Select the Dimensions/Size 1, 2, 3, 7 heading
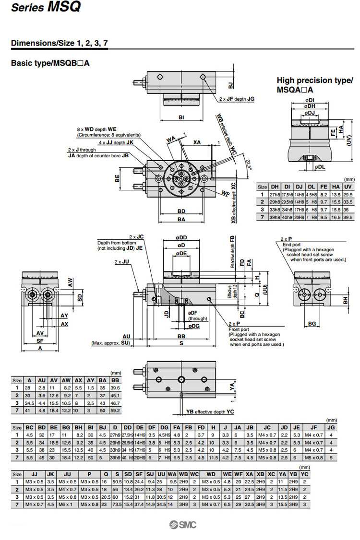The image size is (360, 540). (x=59, y=43)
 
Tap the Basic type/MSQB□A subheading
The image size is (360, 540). (x=50, y=63)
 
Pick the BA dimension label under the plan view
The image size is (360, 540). (x=181, y=219)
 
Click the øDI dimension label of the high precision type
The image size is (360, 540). (x=309, y=100)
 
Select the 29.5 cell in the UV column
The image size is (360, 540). (x=348, y=195)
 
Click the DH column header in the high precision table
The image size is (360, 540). (x=275, y=187)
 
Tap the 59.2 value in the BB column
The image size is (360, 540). (x=115, y=411)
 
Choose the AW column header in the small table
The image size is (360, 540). (x=67, y=380)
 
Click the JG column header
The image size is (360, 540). (x=331, y=427)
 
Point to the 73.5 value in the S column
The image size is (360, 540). (x=117, y=505)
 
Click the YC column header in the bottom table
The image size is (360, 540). (x=304, y=474)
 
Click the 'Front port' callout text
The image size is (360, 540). (x=239, y=329)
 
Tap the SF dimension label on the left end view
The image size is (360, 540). (x=40, y=340)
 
